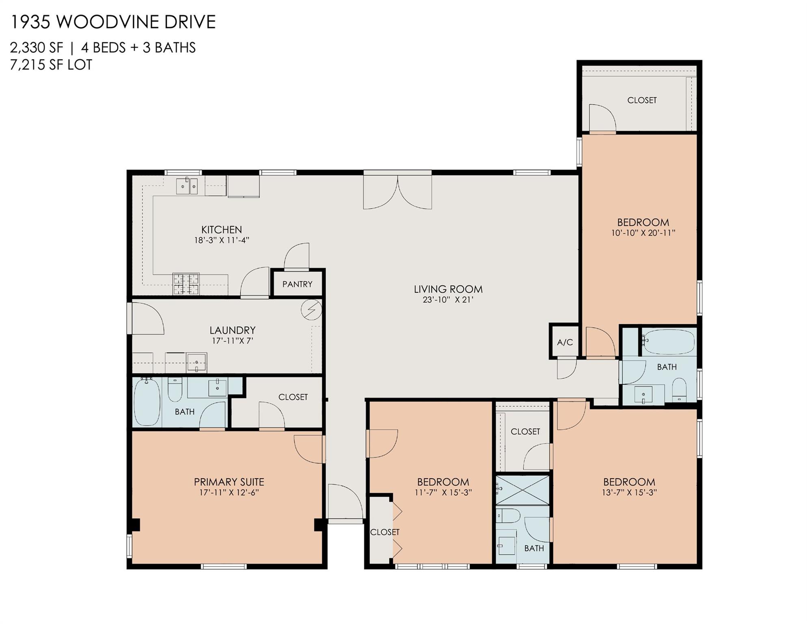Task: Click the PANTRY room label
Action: tap(297, 284)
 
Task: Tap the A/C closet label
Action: tap(565, 342)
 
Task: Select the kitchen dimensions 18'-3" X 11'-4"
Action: tap(221, 240)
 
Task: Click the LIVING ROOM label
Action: tap(448, 289)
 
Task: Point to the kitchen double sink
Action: tap(187, 186)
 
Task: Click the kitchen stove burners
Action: tap(186, 284)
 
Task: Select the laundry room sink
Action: tap(196, 362)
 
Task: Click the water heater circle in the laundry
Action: tap(311, 310)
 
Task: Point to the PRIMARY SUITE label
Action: tap(229, 482)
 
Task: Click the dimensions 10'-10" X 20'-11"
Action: tap(643, 233)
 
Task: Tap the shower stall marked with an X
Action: tap(522, 490)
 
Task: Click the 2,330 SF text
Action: tap(37, 48)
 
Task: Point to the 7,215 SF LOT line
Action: tap(51, 65)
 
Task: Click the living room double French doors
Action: tap(397, 191)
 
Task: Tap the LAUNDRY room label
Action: tap(232, 330)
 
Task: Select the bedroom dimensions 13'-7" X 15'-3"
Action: tap(629, 493)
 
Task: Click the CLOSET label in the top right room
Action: tap(642, 100)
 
